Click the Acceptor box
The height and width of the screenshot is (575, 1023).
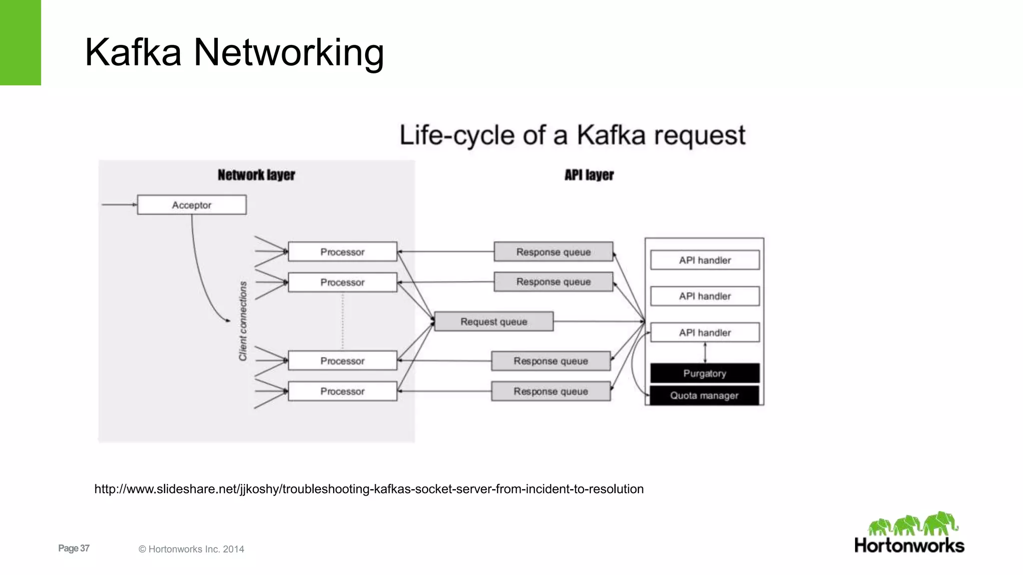click(x=191, y=205)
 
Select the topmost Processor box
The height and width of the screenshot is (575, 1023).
click(x=342, y=252)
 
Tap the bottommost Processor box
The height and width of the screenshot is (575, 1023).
click(x=342, y=391)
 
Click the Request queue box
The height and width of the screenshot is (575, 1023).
click(x=494, y=322)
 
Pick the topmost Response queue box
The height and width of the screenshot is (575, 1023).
click(x=553, y=252)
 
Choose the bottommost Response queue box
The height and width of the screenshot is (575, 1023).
click(x=550, y=391)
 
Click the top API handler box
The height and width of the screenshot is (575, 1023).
click(x=704, y=260)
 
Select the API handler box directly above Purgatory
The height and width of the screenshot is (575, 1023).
click(x=704, y=332)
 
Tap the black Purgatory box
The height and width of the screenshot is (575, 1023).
click(x=704, y=373)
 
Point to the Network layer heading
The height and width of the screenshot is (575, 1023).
click(x=256, y=175)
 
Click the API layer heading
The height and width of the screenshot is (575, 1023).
click(x=589, y=175)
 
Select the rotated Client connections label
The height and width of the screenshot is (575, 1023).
click(x=243, y=320)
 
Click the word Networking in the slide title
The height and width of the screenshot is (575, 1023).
click(x=288, y=52)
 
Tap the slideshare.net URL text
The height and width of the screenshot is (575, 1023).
click(x=369, y=489)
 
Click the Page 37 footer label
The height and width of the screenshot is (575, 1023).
click(x=73, y=548)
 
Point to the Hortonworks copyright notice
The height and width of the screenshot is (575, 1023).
click(x=191, y=549)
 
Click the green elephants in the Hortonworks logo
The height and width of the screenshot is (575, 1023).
click(x=913, y=524)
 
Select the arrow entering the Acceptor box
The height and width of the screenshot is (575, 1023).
click(x=119, y=205)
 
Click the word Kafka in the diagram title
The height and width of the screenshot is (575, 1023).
click(x=610, y=135)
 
